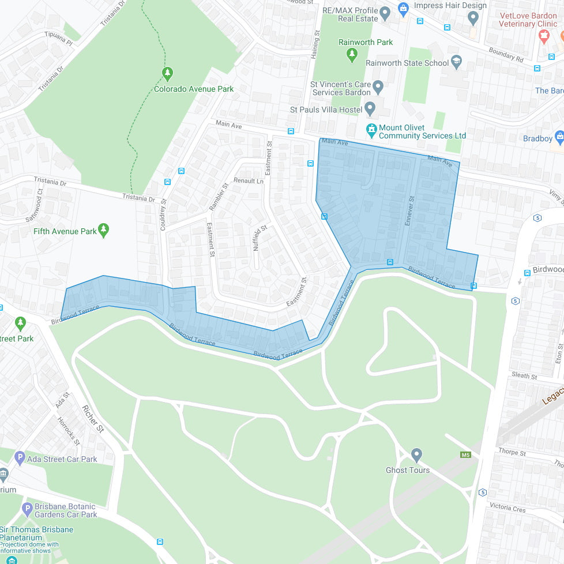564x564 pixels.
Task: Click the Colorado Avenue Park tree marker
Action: (167, 73)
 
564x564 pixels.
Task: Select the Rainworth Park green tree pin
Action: (352, 55)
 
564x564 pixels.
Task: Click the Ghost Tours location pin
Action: (416, 455)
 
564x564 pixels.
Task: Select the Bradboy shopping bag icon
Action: (558, 137)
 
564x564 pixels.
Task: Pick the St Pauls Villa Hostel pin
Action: (370, 108)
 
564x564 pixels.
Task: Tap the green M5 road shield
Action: (465, 455)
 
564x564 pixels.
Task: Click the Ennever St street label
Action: (410, 210)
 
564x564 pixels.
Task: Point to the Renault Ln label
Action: (248, 181)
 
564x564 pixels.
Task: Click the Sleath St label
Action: (524, 376)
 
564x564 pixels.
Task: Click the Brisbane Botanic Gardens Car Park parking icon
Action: (27, 509)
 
